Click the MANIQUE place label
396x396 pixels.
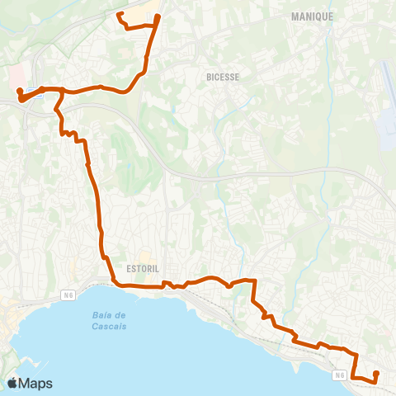(313, 16)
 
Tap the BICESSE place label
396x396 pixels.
(222, 78)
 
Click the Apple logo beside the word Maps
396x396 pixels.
(12, 383)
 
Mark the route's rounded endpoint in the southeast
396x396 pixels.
(376, 374)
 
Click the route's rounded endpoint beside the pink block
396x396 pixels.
(18, 91)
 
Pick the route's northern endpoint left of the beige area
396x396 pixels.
(120, 15)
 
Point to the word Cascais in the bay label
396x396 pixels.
(110, 327)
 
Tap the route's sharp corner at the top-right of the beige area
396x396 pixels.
(158, 16)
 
